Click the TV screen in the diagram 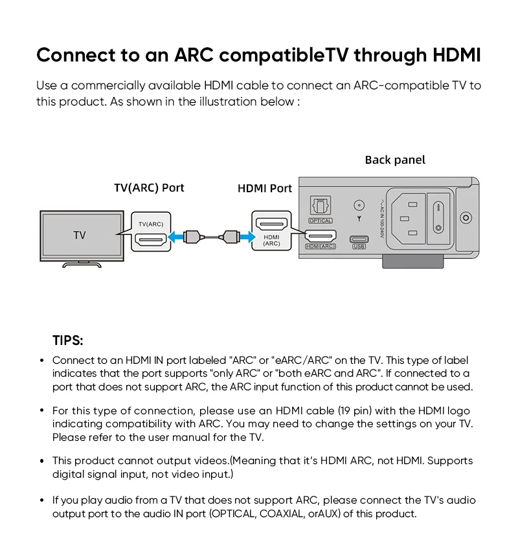tap(81, 234)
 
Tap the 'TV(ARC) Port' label tap(149, 188)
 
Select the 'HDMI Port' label tap(265, 188)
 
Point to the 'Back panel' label tap(395, 160)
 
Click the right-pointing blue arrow tap(245, 237)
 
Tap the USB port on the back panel tap(359, 238)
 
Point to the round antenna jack tap(359, 206)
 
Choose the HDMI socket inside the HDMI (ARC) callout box tap(271, 225)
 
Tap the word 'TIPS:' tap(68, 340)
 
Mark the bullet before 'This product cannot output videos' tap(41, 461)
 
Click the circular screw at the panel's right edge tap(465, 218)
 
